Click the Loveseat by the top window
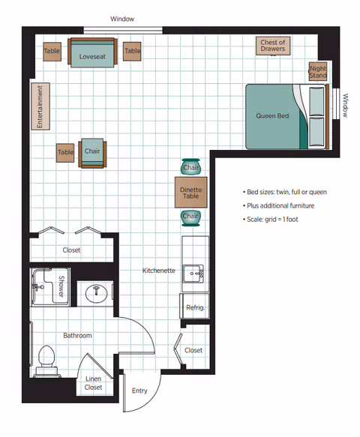[92, 52]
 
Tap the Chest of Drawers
[273, 46]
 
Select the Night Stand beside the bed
[317, 71]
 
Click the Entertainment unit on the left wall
[40, 106]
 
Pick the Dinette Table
[191, 193]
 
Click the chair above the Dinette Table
[190, 166]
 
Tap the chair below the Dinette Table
[190, 217]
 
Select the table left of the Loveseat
[52, 52]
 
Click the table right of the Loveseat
[132, 51]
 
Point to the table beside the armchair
[65, 153]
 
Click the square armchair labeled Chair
[92, 153]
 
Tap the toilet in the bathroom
[46, 361]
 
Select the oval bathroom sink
[96, 294]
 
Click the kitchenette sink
[193, 274]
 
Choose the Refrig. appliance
[194, 306]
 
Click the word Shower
[61, 286]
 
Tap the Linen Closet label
[93, 383]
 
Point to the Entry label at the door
[139, 391]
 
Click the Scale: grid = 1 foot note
[272, 220]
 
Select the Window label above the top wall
[122, 19]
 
